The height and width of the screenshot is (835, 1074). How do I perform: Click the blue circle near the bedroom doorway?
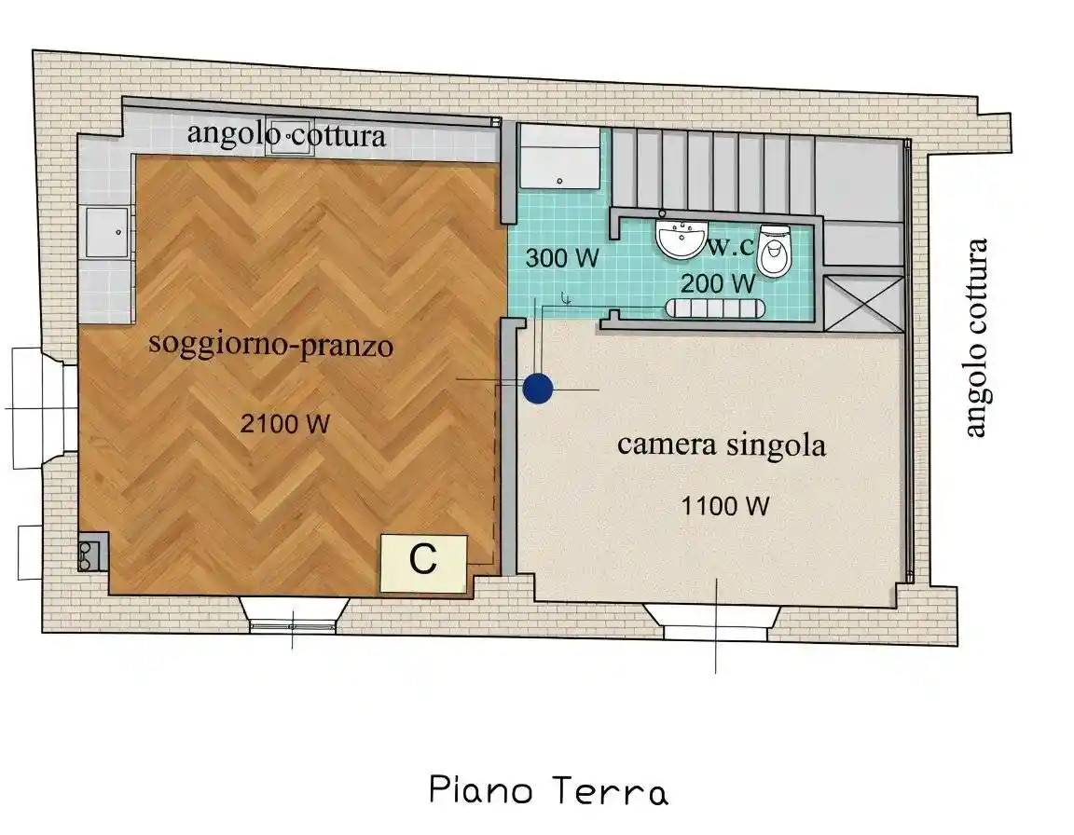(537, 389)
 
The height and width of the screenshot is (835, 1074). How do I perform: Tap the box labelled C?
(423, 562)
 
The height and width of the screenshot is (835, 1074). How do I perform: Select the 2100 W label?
(284, 425)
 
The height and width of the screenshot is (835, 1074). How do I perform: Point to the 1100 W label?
(724, 507)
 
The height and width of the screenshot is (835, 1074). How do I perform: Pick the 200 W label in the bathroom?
(717, 283)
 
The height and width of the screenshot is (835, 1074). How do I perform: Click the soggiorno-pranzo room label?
(270, 346)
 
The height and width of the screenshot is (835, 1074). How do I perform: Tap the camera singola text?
(721, 445)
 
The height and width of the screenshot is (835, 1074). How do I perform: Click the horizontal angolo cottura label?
(286, 135)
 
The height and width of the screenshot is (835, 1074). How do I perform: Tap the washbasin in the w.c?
(682, 240)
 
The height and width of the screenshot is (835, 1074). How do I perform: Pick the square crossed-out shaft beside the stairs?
(864, 304)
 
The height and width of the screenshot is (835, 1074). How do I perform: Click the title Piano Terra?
(548, 791)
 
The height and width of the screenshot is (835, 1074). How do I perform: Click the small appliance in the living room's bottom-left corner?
(90, 554)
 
